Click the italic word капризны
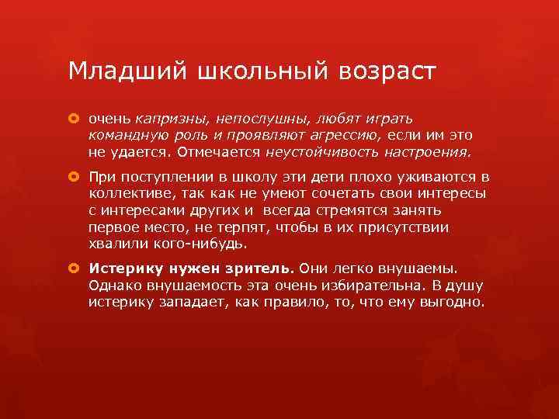point(170,119)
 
